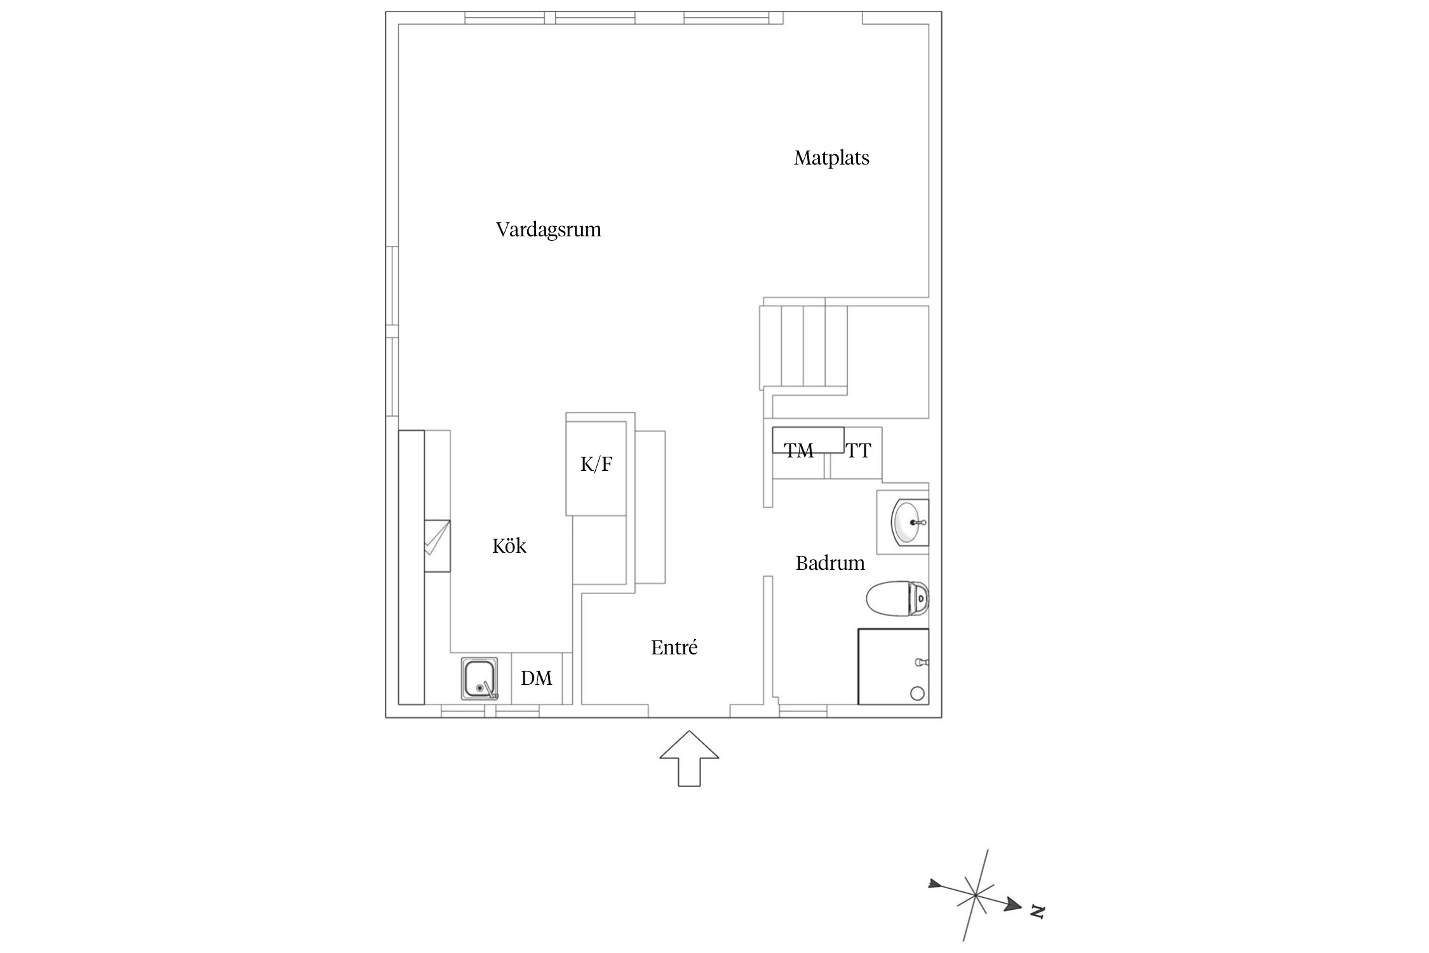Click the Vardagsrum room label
[548, 229]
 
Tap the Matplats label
[831, 158]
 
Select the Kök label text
[509, 546]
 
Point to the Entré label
[674, 647]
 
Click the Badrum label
[830, 563]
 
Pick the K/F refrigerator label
[596, 464]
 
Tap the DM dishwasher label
[536, 679]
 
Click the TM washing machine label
[798, 450]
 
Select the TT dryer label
[858, 450]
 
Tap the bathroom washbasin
[910, 522]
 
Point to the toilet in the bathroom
[897, 598]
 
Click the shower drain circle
[917, 693]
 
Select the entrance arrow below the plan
[689, 759]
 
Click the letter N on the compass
[1037, 912]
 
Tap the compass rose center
[975, 896]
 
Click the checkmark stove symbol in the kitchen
[437, 546]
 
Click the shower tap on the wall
[922, 663]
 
